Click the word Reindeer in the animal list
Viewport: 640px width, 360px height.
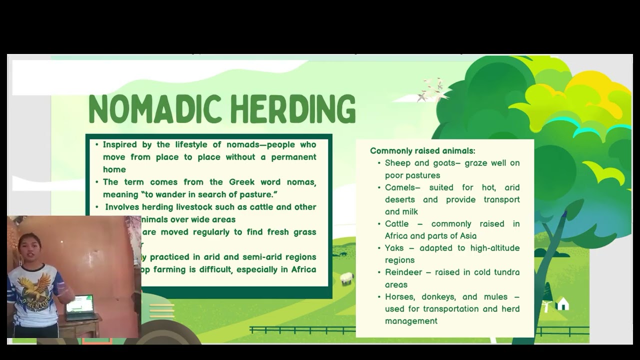click(x=402, y=272)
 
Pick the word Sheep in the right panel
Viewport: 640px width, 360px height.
click(x=397, y=163)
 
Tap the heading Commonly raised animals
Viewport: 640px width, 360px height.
click(x=422, y=150)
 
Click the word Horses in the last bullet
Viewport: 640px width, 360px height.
click(x=399, y=297)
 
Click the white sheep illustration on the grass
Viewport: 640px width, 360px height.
click(x=347, y=278)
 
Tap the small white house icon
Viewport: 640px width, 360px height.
click(x=562, y=303)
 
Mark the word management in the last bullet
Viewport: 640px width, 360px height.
click(x=411, y=321)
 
